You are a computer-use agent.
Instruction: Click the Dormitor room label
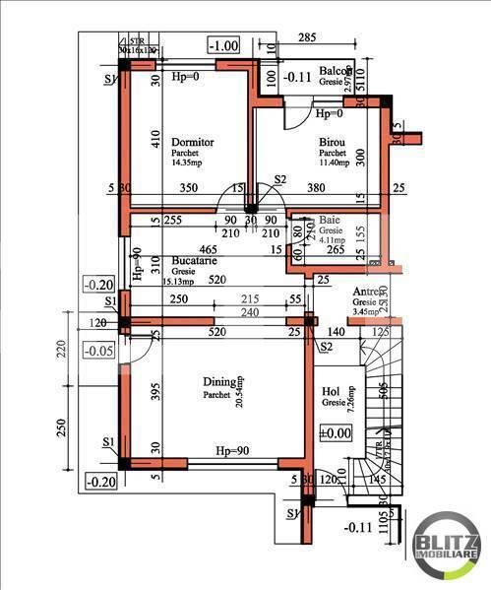[x=193, y=142]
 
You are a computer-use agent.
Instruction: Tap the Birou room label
[x=332, y=143]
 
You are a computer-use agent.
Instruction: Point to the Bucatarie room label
[x=198, y=261]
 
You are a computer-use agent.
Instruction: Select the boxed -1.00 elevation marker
[x=225, y=44]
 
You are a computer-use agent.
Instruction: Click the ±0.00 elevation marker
[x=336, y=432]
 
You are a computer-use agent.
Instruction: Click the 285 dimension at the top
[x=306, y=38]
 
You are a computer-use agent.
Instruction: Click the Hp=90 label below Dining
[x=235, y=450]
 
